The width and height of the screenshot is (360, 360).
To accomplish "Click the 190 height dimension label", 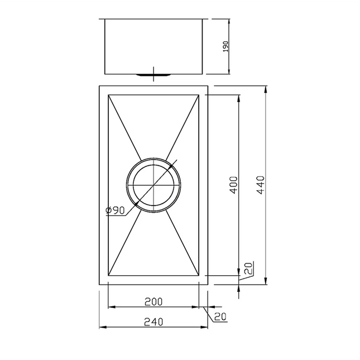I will [x=225, y=46].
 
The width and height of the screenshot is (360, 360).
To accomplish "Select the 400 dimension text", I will [x=233, y=185].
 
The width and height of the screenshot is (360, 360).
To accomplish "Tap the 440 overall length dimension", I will [x=260, y=185].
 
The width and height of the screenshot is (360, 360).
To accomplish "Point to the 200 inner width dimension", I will [x=153, y=301].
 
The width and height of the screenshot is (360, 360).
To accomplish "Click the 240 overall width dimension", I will [x=153, y=321].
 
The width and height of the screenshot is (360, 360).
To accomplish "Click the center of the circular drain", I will [x=153, y=185].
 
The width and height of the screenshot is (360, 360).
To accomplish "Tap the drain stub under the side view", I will [x=153, y=73].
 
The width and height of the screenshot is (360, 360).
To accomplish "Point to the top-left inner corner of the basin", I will [x=108, y=94].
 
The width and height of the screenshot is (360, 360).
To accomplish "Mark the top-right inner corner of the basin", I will [x=200, y=94].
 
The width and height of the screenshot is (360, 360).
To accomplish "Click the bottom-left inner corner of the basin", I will [x=108, y=276].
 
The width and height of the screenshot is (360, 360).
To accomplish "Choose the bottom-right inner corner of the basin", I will [x=200, y=276].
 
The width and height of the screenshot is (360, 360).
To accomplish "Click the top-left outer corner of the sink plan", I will [x=99, y=86].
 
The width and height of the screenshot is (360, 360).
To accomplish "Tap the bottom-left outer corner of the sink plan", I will [x=99, y=285].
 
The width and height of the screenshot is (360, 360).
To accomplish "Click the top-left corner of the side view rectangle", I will [x=105, y=18].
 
